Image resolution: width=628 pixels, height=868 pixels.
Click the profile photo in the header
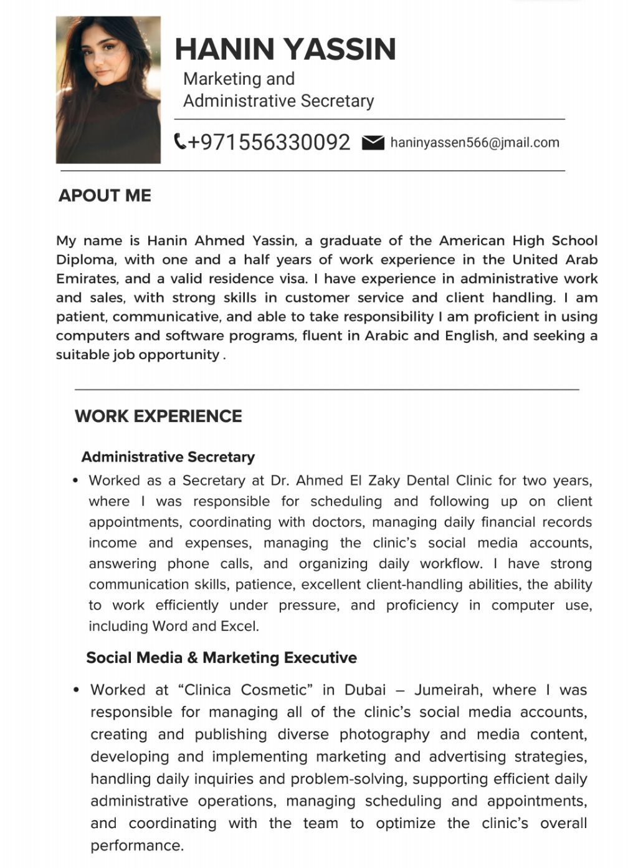point(108,90)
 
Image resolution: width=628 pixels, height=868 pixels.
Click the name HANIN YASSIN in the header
point(285,49)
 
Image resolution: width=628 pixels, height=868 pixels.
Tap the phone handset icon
point(180,142)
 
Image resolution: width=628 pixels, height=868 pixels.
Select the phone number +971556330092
point(269,142)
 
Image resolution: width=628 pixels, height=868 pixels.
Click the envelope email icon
point(373,143)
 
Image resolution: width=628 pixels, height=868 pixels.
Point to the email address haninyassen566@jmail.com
point(475,143)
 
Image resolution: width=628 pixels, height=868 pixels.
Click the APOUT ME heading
point(105,196)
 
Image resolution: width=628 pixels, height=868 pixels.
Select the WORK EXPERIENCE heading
point(158,417)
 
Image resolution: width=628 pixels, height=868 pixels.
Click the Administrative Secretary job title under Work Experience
point(168,457)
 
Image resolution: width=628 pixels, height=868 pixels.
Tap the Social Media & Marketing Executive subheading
point(221,658)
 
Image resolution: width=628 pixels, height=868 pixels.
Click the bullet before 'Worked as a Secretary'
point(75,481)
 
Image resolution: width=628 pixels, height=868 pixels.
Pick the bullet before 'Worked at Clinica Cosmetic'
point(76,690)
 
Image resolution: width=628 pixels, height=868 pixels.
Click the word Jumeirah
point(448,690)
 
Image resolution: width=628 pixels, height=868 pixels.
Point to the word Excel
point(238,626)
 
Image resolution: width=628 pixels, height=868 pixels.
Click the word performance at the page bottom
point(136,846)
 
